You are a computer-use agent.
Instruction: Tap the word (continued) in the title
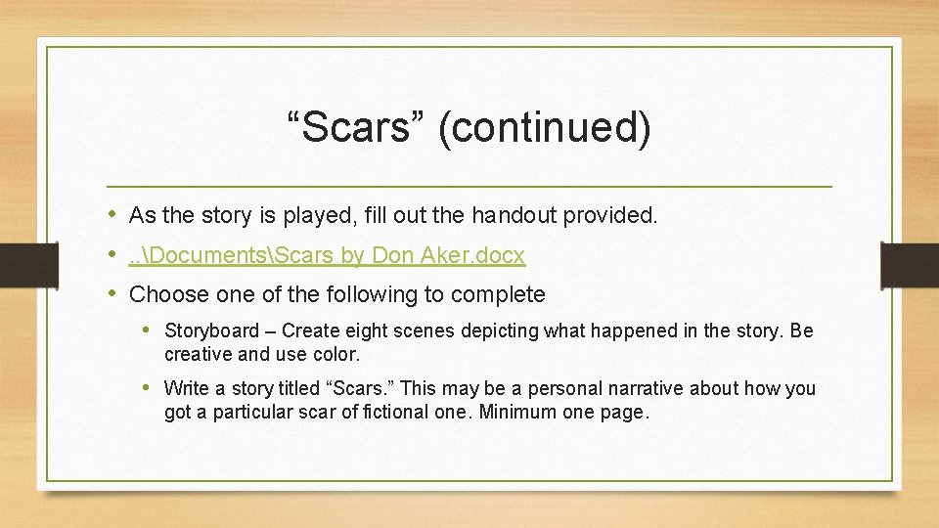[545, 128]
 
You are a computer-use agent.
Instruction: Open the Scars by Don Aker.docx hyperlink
[327, 255]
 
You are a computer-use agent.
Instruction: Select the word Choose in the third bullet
[163, 294]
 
